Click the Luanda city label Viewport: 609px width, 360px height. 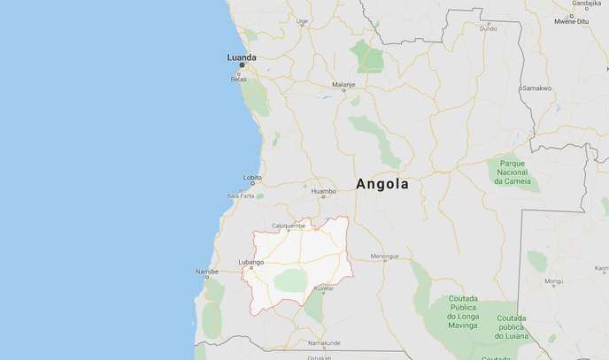pyautogui.click(x=242, y=57)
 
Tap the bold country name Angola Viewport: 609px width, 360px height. pyautogui.click(x=382, y=185)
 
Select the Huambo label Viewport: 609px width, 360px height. pyautogui.click(x=322, y=190)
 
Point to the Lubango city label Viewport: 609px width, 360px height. pyautogui.click(x=251, y=262)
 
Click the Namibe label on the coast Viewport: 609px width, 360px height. pyautogui.click(x=206, y=272)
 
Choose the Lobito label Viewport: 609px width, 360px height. pyautogui.click(x=252, y=177)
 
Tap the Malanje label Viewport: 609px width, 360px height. pyautogui.click(x=343, y=85)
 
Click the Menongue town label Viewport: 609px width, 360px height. pyautogui.click(x=384, y=257)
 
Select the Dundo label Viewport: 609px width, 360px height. pyautogui.click(x=489, y=28)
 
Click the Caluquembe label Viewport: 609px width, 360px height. pyautogui.click(x=288, y=226)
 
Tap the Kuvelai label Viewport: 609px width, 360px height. pyautogui.click(x=323, y=288)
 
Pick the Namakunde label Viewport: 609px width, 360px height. pyautogui.click(x=324, y=342)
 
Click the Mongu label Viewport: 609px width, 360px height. pyautogui.click(x=554, y=282)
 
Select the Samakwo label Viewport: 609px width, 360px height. pyautogui.click(x=536, y=88)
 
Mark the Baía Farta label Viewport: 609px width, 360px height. pyautogui.click(x=241, y=195)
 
